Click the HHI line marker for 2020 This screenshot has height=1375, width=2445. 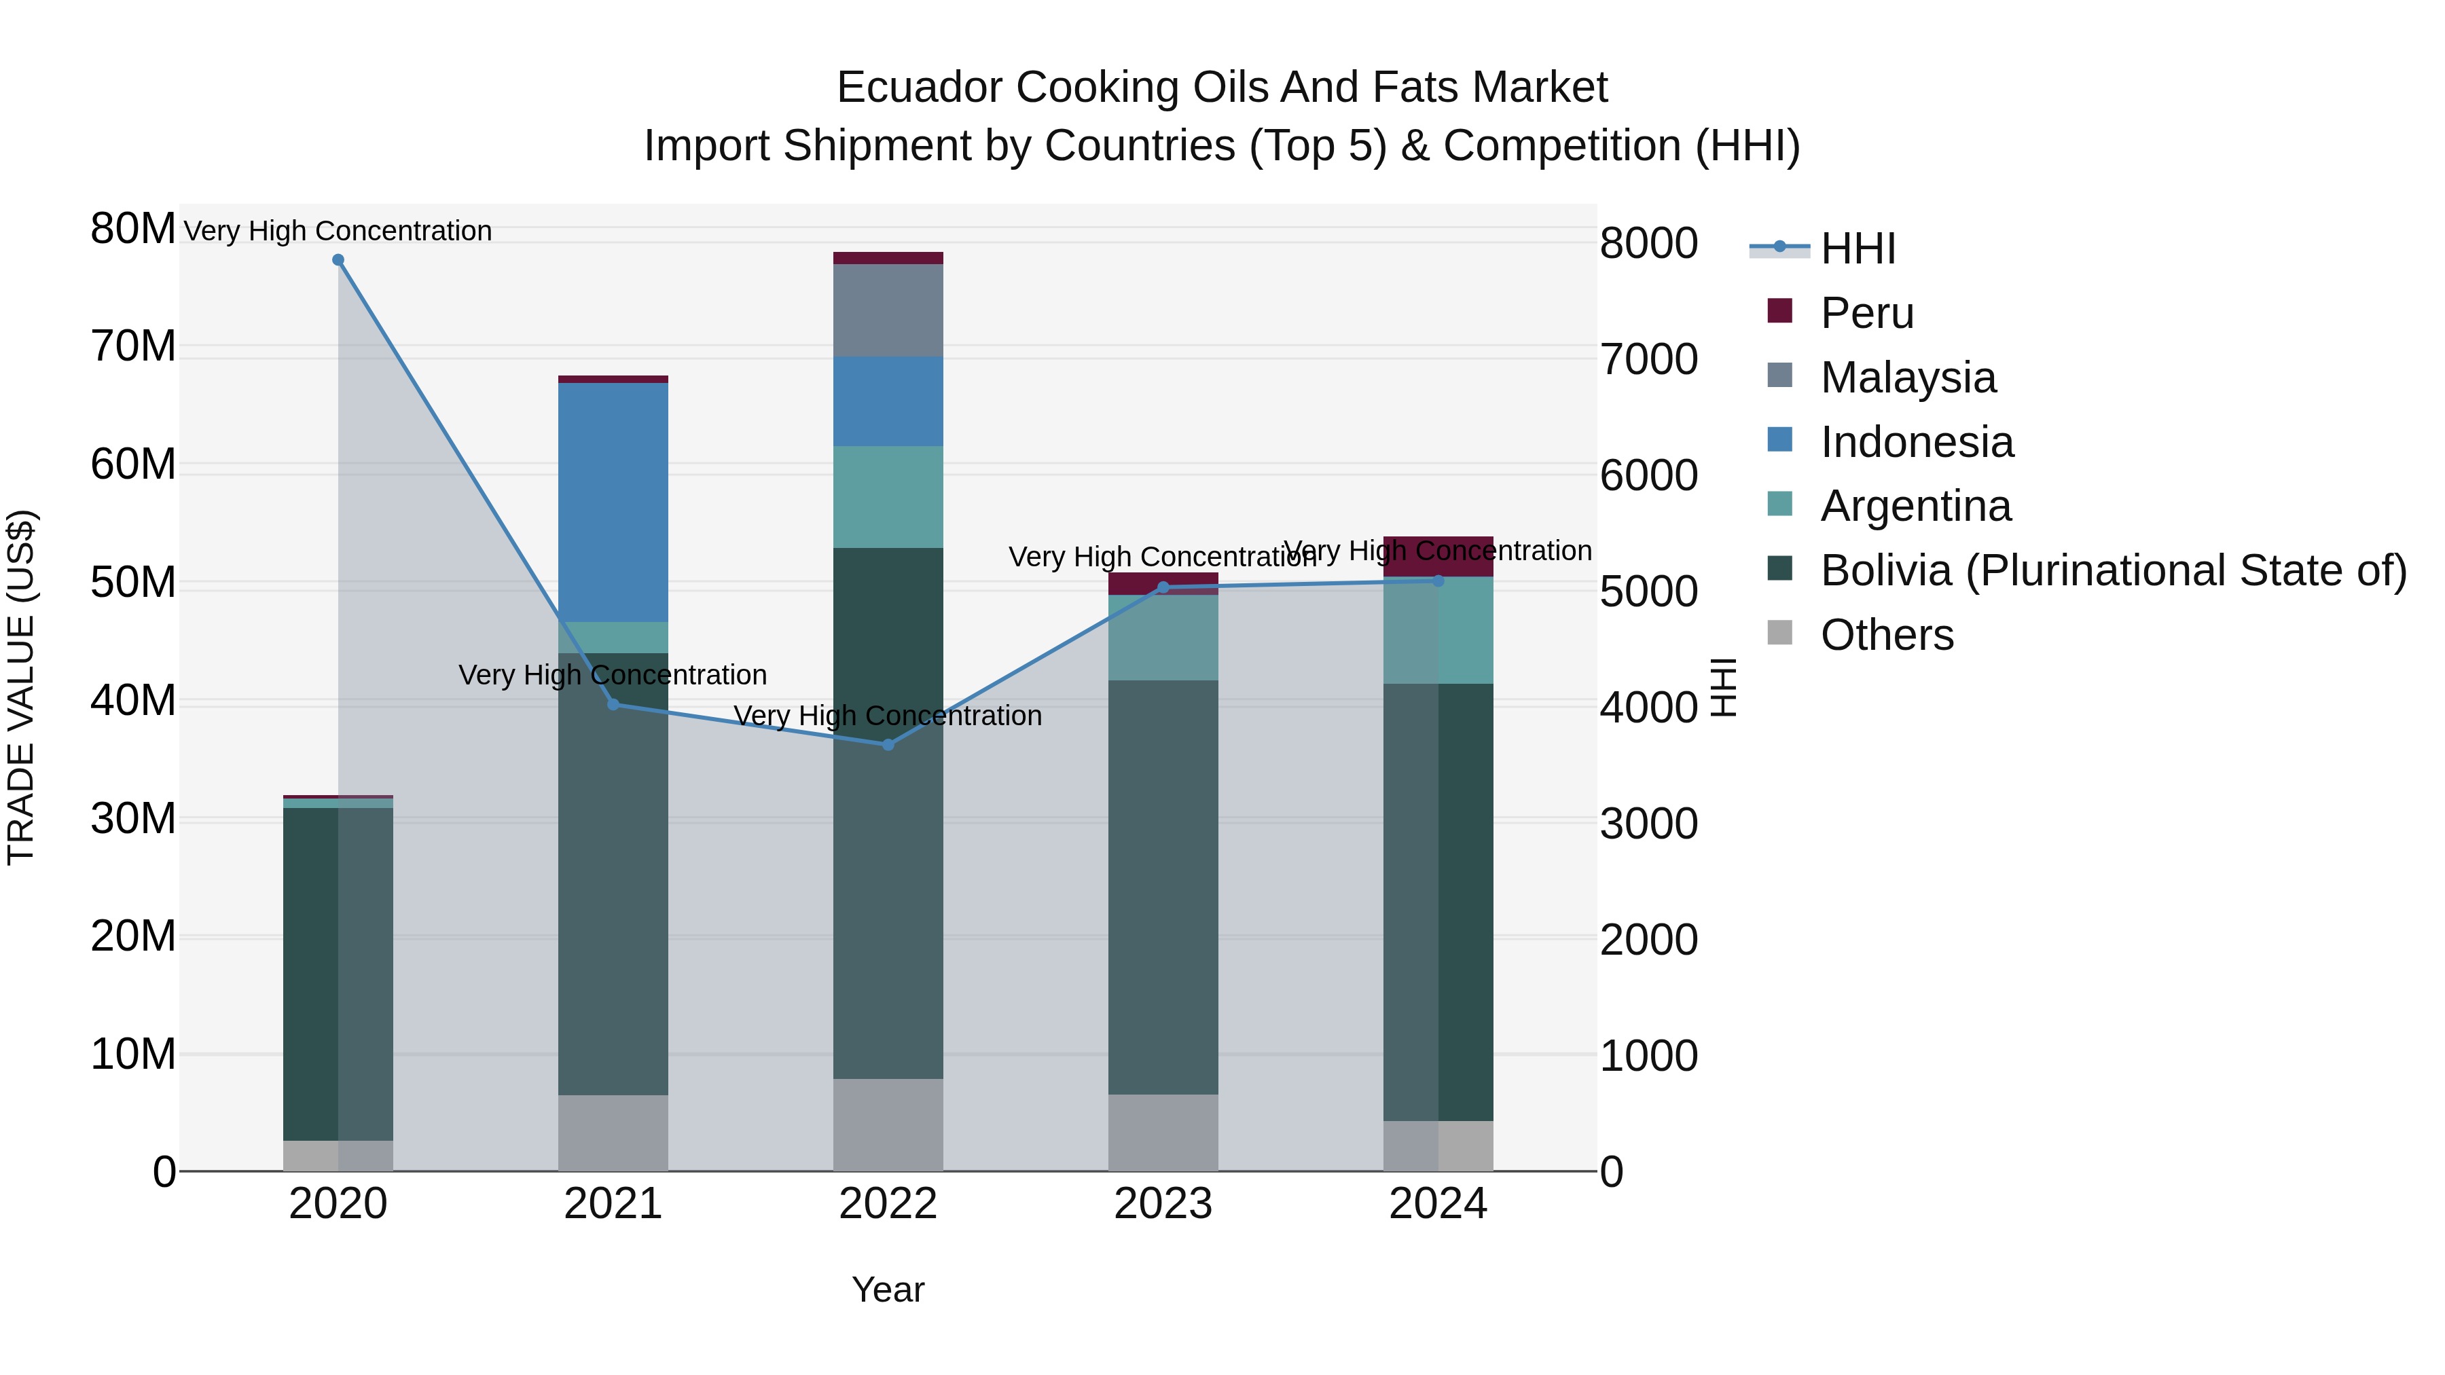(x=338, y=260)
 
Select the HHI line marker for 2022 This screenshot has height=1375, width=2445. (x=888, y=745)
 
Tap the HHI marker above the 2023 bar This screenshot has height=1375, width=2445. (x=1163, y=587)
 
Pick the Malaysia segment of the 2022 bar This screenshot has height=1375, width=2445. (x=888, y=310)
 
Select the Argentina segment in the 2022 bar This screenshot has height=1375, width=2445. (x=888, y=496)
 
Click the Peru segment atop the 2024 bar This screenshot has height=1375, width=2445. (x=1438, y=555)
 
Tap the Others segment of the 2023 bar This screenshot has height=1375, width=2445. (x=1163, y=1132)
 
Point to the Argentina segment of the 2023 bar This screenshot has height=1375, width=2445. (x=1163, y=637)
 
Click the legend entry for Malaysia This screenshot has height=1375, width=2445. (x=1908, y=378)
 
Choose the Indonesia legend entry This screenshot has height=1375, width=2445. (x=1917, y=442)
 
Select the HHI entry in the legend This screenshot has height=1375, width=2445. (x=1858, y=249)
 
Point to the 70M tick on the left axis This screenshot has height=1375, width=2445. (x=133, y=346)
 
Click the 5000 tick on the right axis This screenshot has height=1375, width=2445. (x=1648, y=591)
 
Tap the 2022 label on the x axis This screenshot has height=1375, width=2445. (x=888, y=1204)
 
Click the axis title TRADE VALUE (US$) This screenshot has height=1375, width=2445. (x=21, y=687)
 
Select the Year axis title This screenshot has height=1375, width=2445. (x=888, y=1289)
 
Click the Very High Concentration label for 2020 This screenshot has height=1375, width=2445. (x=338, y=231)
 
